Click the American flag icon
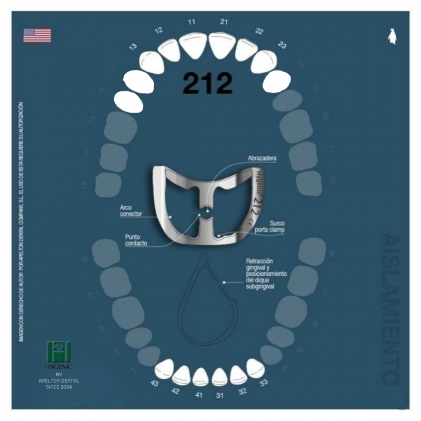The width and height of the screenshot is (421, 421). [37, 35]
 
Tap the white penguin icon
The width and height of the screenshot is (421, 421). [392, 36]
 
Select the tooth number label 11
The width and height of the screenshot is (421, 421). [192, 22]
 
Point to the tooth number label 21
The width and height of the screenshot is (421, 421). [224, 22]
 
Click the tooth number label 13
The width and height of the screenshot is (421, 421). [133, 47]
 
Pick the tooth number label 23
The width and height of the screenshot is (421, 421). [282, 46]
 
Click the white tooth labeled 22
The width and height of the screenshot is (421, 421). [245, 49]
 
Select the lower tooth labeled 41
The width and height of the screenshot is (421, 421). [201, 377]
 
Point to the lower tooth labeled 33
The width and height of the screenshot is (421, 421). [255, 368]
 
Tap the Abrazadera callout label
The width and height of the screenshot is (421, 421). [262, 158]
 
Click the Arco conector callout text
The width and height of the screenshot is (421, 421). [130, 211]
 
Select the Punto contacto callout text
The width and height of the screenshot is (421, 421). [136, 240]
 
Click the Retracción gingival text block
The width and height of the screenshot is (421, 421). [266, 274]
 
